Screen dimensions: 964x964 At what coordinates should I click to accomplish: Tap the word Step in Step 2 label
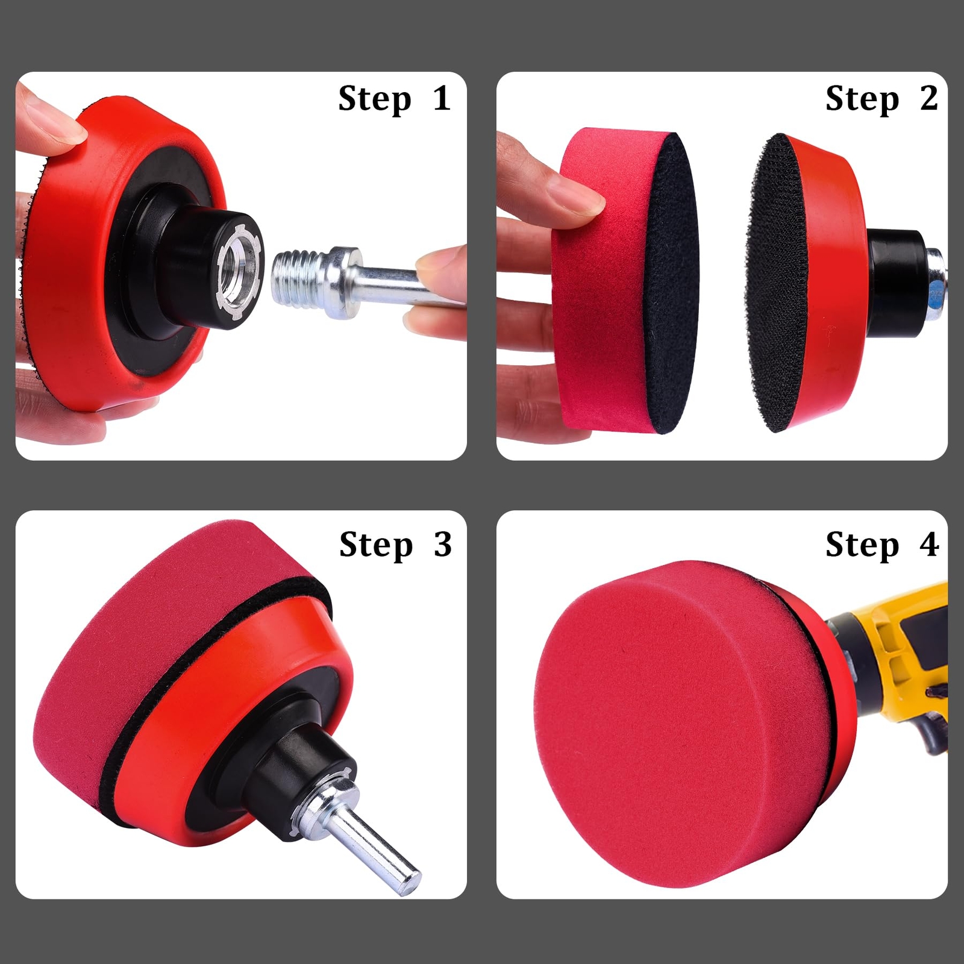tap(862, 99)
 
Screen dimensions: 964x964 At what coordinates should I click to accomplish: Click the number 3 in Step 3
tap(443, 545)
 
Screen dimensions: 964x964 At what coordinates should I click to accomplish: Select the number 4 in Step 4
tap(928, 545)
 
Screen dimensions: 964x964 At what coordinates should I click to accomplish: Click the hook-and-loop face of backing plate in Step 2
tap(777, 283)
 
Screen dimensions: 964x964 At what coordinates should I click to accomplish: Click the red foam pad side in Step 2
tap(596, 313)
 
